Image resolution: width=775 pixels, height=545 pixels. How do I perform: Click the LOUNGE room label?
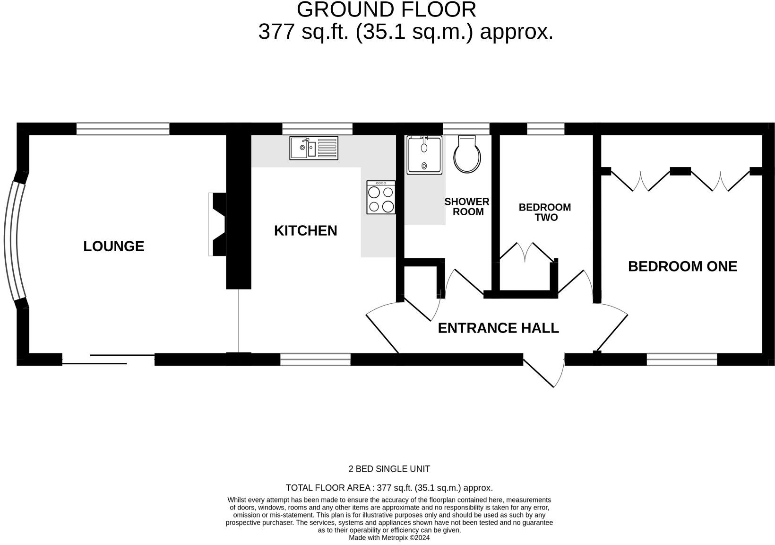pos(113,246)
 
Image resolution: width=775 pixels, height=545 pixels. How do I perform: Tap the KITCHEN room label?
pos(305,230)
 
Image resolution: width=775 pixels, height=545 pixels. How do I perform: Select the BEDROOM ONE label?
pos(682,266)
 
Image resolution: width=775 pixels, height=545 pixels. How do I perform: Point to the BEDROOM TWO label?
pos(545,212)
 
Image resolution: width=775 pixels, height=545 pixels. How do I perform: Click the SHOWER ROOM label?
pos(467,207)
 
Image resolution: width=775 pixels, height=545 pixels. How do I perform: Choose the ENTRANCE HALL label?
pos(498,328)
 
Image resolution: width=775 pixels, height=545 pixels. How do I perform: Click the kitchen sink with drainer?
pos(314,148)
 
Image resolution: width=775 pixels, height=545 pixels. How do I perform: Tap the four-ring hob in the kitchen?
pos(381,197)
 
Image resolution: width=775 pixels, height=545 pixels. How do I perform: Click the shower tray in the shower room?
pos(424,155)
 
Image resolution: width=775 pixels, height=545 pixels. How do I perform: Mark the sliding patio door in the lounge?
pos(109,359)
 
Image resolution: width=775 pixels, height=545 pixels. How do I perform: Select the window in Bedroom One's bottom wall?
pos(681,360)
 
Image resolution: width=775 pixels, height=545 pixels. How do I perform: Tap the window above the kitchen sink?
pos(317,129)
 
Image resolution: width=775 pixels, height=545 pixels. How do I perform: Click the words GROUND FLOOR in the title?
pos(386,10)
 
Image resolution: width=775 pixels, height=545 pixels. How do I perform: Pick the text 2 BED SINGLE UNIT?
pos(389,469)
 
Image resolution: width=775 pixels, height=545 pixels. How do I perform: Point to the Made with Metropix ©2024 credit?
pos(389,538)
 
